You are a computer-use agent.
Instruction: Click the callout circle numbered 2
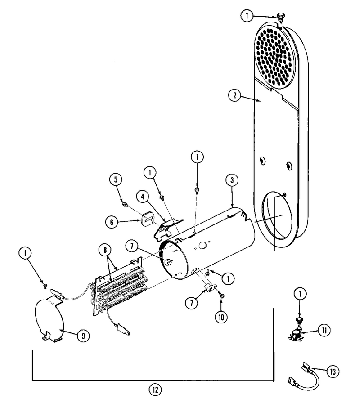235,95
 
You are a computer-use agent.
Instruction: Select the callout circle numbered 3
232,180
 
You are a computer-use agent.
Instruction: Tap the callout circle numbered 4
143,197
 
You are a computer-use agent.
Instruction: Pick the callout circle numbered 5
116,179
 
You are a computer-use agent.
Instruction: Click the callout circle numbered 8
105,250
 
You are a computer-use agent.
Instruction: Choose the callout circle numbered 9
83,336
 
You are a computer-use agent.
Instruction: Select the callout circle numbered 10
221,317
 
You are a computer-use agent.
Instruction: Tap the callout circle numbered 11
324,331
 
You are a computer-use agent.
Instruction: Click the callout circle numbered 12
155,390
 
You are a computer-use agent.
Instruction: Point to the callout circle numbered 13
333,372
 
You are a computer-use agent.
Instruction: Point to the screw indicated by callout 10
221,296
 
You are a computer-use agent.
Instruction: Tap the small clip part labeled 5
125,204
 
